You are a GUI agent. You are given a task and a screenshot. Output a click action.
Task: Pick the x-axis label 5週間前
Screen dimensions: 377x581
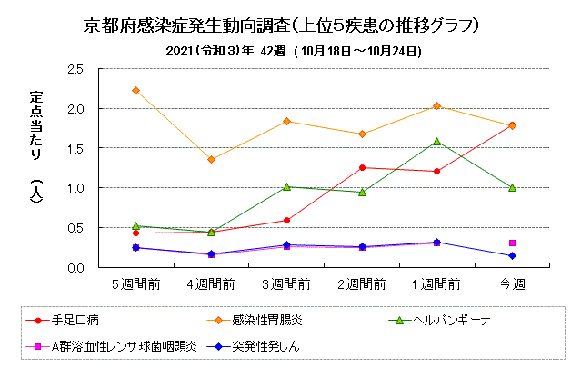click(135, 283)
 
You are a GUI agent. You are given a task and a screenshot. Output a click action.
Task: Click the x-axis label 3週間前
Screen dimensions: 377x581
click(286, 283)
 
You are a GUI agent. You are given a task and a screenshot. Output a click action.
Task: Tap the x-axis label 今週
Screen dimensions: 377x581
click(512, 283)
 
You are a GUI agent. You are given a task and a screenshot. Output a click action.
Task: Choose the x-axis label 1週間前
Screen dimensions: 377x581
click(437, 283)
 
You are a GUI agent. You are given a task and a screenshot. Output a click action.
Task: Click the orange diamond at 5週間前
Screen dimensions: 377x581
click(135, 90)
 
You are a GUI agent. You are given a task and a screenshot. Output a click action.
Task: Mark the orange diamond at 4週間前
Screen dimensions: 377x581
click(211, 160)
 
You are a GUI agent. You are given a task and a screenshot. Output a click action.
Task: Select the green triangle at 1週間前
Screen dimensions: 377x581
click(437, 141)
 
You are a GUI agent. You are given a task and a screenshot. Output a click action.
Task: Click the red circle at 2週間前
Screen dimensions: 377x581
click(362, 167)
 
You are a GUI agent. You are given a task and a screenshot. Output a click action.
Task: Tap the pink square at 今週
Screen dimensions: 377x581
click(512, 243)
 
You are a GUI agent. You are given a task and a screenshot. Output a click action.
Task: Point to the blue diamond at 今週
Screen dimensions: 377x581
click(512, 256)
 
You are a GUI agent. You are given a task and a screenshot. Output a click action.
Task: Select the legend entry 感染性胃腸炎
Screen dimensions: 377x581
click(264, 321)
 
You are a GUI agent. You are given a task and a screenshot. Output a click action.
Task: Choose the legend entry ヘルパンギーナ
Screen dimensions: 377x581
click(446, 321)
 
